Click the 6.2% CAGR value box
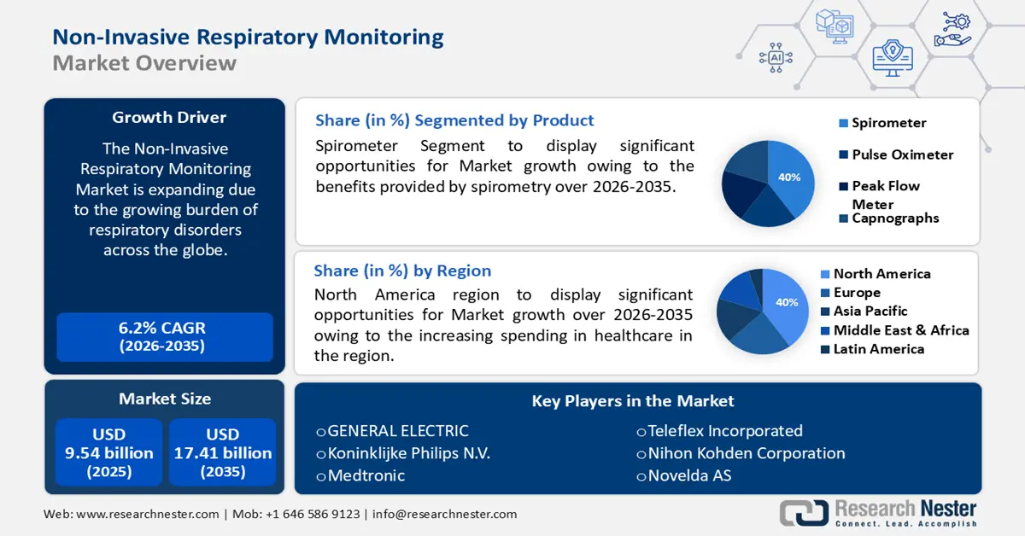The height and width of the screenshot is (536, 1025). (164, 336)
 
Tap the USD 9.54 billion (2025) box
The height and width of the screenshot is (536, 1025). (109, 452)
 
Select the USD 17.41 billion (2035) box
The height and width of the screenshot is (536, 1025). (223, 452)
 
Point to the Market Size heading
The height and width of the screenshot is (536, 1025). (165, 399)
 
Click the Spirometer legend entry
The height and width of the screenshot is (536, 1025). (888, 123)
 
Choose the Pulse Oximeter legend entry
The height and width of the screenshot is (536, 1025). (902, 154)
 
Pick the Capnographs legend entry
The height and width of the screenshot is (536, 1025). (895, 218)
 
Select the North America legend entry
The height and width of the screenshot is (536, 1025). (881, 274)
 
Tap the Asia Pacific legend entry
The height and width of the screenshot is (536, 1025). (870, 312)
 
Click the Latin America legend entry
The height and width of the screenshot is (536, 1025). (878, 349)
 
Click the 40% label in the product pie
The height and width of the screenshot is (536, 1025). (789, 178)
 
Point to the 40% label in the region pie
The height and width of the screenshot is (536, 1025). (787, 302)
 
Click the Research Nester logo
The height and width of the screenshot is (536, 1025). (880, 512)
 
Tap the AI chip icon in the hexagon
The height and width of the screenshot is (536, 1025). (776, 57)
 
